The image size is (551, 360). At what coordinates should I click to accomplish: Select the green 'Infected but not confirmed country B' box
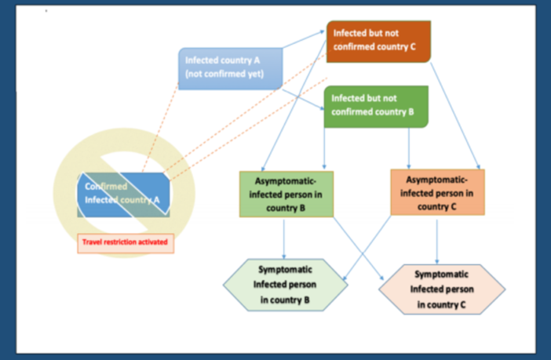point(376,106)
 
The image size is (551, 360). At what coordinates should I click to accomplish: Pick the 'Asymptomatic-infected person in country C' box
point(436,193)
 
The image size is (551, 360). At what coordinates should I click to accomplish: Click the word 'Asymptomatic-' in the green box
point(284,180)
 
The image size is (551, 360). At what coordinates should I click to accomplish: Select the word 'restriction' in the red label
point(126,242)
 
